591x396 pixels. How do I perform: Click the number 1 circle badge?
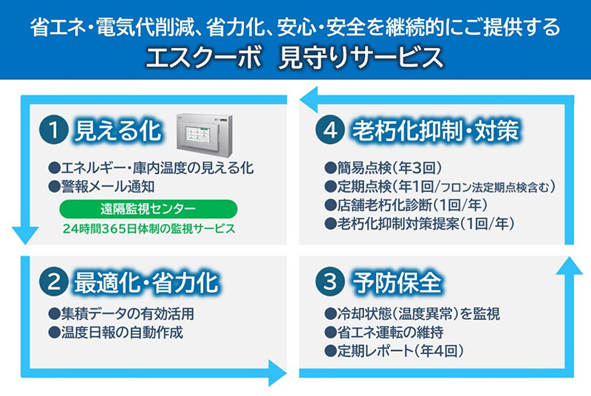[x=53, y=130]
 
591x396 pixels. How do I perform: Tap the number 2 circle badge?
[x=53, y=281]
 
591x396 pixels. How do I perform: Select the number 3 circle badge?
[x=330, y=281]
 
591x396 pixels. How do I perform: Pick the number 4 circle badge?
[x=330, y=130]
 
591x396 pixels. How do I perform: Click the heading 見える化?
[x=118, y=131]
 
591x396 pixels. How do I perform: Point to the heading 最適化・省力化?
[x=146, y=282]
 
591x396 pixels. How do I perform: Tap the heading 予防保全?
[x=397, y=282]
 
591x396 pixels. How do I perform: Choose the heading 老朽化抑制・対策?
[x=435, y=131]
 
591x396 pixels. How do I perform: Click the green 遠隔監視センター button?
[x=148, y=209]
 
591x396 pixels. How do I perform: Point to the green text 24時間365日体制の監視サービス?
[x=149, y=228]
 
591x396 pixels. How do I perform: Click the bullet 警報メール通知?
[x=101, y=186]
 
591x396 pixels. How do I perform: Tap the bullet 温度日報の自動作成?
[x=116, y=332]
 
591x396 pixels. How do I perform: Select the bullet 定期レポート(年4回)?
[x=394, y=351]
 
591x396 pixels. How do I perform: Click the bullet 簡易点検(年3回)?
[x=383, y=168]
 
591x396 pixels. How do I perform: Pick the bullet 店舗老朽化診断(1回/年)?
[x=406, y=205]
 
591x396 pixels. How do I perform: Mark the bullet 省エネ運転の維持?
[x=384, y=332]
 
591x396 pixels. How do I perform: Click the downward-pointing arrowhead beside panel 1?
[x=25, y=235]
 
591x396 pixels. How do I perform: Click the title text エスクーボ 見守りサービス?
[x=294, y=58]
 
